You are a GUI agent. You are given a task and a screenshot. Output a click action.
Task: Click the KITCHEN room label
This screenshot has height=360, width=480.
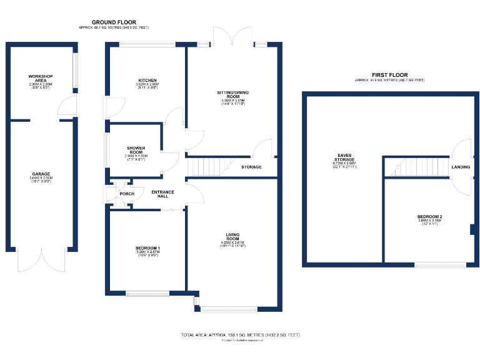[x=147, y=81]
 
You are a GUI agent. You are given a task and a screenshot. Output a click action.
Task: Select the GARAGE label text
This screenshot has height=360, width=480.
[x=41, y=174]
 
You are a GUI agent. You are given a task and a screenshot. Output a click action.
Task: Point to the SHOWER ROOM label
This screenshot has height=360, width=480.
[x=136, y=151]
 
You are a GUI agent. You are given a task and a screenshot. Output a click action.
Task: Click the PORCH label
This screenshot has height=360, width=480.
[x=127, y=194]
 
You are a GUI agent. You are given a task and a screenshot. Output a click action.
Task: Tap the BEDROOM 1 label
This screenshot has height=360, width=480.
[x=147, y=248]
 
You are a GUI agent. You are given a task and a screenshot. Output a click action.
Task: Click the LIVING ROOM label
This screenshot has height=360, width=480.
[x=232, y=237]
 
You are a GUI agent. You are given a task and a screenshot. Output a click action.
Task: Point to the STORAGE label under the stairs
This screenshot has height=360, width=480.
[x=251, y=167]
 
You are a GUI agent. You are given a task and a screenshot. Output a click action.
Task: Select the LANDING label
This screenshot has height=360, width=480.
[x=461, y=167]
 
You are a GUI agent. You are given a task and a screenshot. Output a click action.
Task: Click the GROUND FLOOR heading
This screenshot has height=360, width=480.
[x=114, y=22]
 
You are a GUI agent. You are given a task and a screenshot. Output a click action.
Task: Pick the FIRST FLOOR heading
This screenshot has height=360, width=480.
[x=389, y=74]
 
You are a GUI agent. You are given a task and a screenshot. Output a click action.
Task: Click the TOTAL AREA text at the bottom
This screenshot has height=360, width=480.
[x=240, y=335]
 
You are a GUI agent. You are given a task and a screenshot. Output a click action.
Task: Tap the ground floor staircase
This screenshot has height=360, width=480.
[x=206, y=166]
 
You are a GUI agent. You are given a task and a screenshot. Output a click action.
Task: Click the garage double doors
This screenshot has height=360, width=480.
[x=41, y=261]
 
